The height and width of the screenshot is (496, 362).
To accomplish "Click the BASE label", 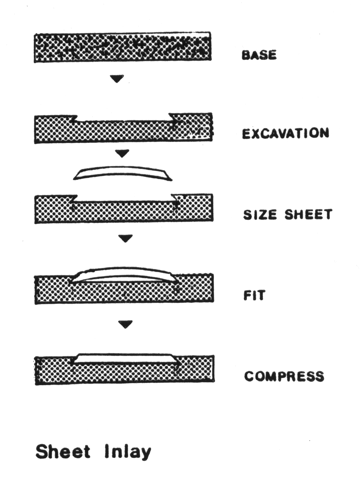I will click(259, 55).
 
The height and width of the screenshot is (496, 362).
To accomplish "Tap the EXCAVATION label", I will click(285, 133).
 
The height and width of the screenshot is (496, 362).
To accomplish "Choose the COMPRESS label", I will click(284, 376).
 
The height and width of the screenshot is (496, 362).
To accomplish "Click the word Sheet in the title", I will click(63, 451).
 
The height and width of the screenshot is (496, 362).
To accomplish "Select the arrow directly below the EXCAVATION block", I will click(123, 153).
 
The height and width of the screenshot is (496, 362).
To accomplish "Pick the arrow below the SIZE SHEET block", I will click(125, 238).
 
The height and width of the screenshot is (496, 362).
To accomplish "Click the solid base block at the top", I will click(123, 47).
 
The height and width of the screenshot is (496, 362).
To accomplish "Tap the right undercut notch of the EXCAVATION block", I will click(172, 118).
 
